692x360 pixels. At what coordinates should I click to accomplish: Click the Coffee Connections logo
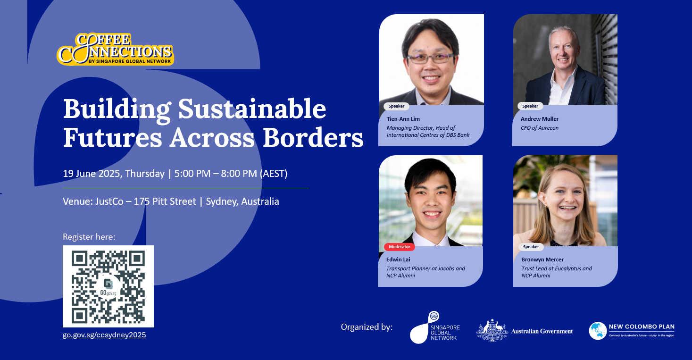point(115,49)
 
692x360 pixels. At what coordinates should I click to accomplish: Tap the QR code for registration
point(108,286)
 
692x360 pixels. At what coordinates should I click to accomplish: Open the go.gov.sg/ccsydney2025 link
point(104,335)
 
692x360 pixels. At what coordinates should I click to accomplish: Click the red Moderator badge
point(400,247)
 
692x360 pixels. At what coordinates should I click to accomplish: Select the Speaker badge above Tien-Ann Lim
point(396,106)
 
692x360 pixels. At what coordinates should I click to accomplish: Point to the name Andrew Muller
point(539,118)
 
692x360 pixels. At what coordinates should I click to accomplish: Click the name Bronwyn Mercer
point(542,259)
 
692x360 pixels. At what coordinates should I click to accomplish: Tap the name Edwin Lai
point(398,259)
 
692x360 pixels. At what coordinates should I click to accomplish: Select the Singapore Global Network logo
point(435,327)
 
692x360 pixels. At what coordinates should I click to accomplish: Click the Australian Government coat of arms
point(492,330)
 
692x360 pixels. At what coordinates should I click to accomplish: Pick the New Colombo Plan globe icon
point(598,331)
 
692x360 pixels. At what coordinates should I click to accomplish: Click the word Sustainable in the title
point(252,109)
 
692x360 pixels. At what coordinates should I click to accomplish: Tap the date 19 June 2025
point(92,174)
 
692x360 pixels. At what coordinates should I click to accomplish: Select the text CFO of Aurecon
point(539,128)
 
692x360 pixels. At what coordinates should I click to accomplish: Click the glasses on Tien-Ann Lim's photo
point(430,58)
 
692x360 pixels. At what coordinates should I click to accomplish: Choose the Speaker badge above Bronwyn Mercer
point(531,247)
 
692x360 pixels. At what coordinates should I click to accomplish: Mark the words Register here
point(89,237)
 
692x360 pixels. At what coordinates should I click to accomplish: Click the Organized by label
point(367,327)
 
